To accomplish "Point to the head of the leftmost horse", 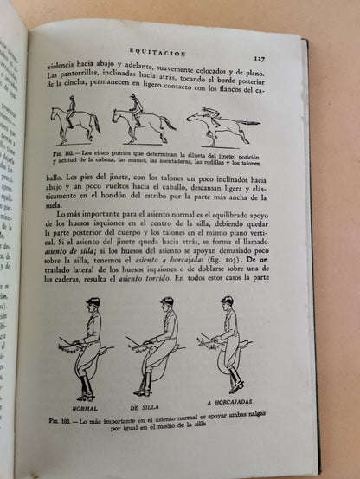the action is click(x=54, y=112).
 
